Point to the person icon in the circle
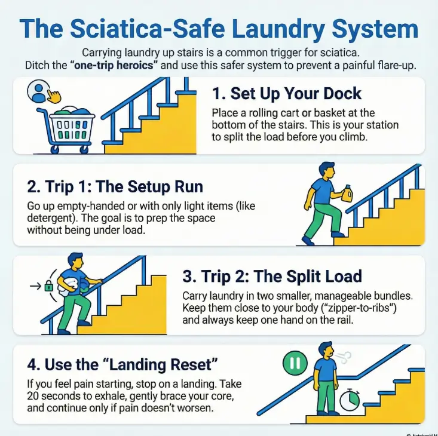tap(39, 92)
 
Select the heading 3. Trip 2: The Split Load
tap(272, 277)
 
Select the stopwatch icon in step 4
tap(351, 400)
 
